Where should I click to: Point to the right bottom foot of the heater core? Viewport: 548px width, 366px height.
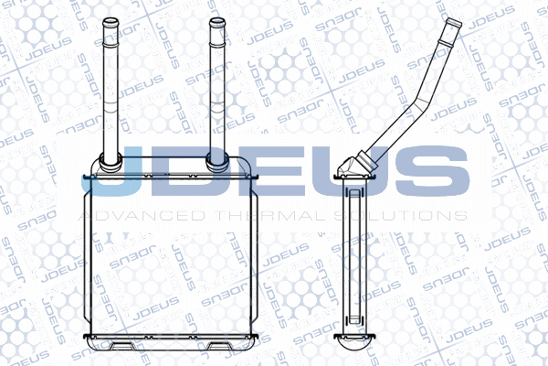219,346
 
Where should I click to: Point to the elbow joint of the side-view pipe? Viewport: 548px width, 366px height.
353,166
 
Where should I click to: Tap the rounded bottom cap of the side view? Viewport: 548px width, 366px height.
354,343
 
